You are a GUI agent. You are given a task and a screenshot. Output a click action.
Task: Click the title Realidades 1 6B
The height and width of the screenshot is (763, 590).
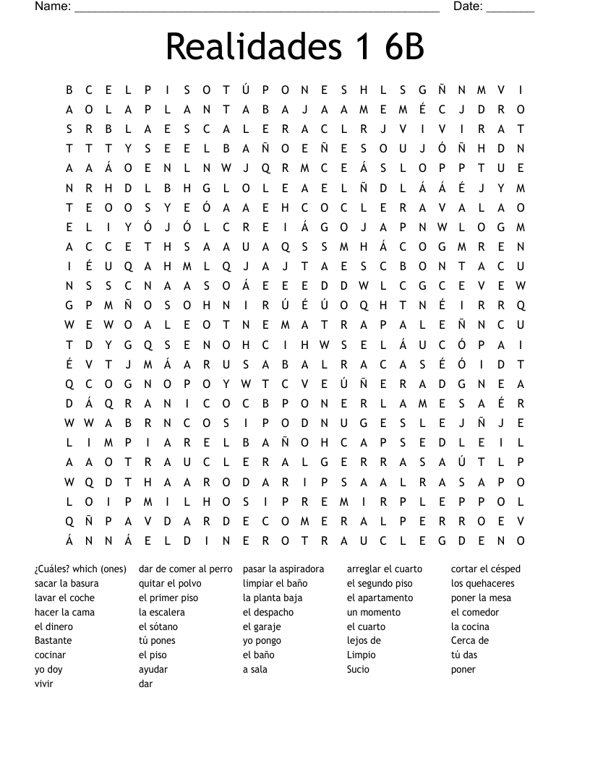(294, 47)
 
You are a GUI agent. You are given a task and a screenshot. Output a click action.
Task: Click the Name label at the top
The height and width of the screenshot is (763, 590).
(52, 7)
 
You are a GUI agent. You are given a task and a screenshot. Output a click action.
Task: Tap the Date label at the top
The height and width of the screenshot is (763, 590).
(468, 7)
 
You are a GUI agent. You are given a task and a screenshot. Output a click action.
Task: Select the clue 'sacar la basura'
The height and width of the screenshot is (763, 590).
(67, 583)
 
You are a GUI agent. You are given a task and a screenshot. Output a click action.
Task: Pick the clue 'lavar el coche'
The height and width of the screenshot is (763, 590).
(64, 598)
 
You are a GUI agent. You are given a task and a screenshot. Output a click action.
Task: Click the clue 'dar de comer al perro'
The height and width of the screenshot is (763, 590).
(185, 569)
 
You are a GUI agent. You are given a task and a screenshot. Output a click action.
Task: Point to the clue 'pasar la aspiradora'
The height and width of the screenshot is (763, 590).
(283, 569)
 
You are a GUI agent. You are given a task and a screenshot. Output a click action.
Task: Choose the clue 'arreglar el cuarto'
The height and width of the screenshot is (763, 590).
(384, 569)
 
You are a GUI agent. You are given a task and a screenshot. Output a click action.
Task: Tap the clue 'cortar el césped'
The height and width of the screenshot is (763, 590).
(485, 569)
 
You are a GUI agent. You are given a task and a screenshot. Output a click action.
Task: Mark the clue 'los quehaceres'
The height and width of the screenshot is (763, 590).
(482, 583)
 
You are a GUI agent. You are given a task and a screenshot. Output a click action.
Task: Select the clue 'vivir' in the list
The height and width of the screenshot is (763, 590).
(44, 684)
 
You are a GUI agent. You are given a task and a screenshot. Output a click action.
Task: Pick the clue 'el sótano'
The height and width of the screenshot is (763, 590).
(158, 626)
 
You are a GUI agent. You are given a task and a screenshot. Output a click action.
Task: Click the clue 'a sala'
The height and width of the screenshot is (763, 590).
(255, 669)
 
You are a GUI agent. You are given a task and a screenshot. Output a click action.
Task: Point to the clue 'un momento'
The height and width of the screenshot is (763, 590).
(373, 612)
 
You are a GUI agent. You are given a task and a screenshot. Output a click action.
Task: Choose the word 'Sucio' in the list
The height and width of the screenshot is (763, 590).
(358, 669)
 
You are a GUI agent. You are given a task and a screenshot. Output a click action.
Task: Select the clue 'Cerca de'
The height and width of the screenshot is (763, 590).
(469, 640)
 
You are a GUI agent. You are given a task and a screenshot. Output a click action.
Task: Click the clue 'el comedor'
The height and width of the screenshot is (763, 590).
(474, 612)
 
